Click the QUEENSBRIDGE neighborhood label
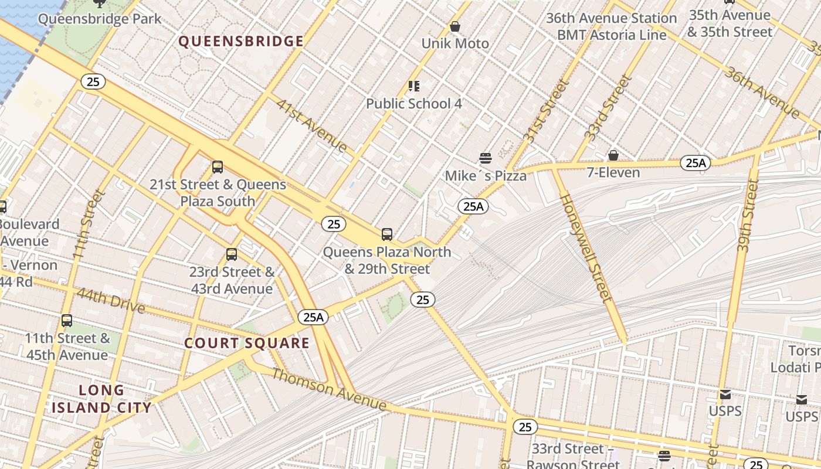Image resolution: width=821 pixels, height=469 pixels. point(241,41)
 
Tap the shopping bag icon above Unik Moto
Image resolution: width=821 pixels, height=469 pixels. point(454,26)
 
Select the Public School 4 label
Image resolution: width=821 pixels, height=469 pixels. point(413,104)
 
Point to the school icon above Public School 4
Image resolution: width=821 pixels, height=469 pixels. point(414,86)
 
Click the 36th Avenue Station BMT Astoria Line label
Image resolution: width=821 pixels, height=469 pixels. point(611,26)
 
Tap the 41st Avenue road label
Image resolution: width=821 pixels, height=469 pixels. point(312,126)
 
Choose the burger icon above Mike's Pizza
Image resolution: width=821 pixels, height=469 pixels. point(485,158)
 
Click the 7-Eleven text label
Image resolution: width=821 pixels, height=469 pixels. point(613,172)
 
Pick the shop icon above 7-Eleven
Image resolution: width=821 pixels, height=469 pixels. point(613,155)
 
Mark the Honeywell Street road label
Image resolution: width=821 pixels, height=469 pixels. point(586,247)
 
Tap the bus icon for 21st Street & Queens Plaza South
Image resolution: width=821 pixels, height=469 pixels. point(218,167)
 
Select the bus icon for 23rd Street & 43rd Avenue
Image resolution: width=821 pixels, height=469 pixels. point(232,254)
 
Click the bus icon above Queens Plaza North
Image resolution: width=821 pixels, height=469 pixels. point(387,235)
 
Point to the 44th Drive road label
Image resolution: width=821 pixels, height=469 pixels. point(110,300)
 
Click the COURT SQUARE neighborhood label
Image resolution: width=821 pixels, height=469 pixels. point(247,343)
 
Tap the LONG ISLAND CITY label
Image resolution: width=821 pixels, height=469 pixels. point(101,399)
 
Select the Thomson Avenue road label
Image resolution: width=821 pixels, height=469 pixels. point(328,390)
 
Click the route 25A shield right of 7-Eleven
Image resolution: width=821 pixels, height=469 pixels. point(696,163)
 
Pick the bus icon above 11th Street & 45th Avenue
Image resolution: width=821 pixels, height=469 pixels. point(67,321)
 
